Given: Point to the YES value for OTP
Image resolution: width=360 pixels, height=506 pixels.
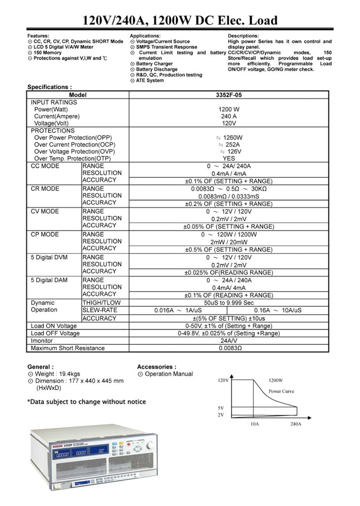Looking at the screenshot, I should click(x=229, y=158).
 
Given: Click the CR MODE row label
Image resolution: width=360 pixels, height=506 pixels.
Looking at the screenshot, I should click(x=45, y=189).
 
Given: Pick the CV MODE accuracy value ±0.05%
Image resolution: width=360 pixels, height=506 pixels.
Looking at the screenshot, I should click(x=229, y=226).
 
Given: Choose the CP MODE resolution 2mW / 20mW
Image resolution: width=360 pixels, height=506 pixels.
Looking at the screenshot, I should click(x=229, y=242).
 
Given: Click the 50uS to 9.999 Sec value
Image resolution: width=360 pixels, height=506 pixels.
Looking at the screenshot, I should click(x=229, y=303).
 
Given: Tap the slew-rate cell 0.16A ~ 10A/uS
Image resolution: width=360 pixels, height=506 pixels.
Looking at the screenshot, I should click(x=278, y=310).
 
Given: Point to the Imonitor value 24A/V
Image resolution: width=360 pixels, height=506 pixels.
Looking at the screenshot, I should click(x=229, y=341).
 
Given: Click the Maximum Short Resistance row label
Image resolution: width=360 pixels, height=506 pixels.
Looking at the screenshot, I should click(x=68, y=349).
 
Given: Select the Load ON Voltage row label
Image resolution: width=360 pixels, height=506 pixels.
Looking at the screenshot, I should click(x=54, y=326).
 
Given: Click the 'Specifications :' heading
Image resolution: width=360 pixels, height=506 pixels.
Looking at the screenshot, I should click(x=50, y=87).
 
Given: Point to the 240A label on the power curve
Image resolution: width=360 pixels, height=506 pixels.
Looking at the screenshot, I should click(x=295, y=424).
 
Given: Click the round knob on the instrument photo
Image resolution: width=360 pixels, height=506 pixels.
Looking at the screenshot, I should click(x=151, y=445).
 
